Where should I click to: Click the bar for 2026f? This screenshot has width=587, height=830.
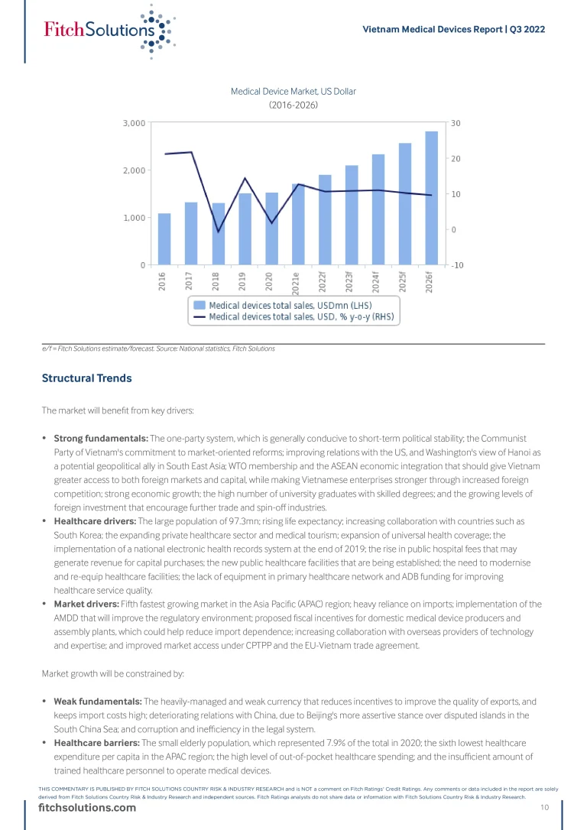coord(432,199)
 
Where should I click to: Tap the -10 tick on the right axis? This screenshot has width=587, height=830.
coord(456,265)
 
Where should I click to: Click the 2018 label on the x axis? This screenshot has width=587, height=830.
coord(217,281)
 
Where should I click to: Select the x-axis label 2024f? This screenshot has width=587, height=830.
coord(377,282)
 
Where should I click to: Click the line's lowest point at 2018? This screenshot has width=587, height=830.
coord(218,232)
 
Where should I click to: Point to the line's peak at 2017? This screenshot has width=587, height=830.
coord(191,152)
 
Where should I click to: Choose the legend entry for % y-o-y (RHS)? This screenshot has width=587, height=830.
coord(294,316)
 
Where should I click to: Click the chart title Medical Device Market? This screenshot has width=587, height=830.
coord(293,92)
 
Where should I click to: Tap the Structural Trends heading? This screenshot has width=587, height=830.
coord(86,378)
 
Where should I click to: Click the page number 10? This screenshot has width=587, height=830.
coord(545,808)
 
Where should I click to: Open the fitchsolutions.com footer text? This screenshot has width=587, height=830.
coord(87,809)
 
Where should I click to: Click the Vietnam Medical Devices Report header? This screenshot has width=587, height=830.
coord(453,29)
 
